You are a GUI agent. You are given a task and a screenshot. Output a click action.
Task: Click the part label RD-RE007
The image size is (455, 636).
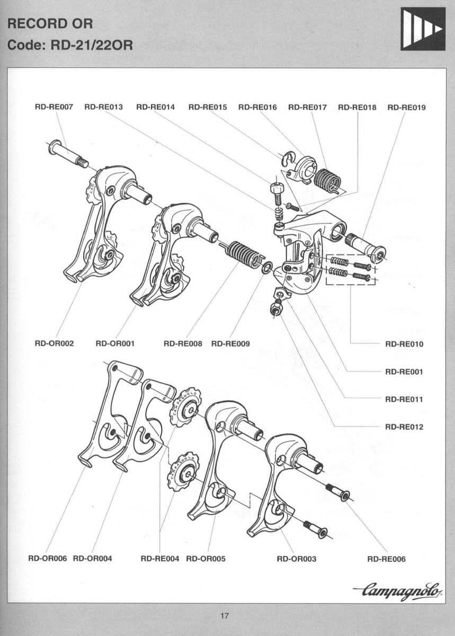53,107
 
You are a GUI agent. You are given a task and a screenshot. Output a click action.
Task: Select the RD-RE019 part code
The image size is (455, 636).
406,107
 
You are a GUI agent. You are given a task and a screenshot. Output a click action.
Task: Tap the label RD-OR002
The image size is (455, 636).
54,343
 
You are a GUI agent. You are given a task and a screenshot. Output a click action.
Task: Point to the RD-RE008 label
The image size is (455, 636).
183,343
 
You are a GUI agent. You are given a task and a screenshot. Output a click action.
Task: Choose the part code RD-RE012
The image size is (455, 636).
404,427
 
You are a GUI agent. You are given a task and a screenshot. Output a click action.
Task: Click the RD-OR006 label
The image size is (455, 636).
47,559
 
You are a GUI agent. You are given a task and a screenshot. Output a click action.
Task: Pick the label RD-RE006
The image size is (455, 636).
386,559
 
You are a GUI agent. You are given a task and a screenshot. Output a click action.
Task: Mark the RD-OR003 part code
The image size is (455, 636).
297,559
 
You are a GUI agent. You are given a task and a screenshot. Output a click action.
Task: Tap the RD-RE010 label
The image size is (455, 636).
404,344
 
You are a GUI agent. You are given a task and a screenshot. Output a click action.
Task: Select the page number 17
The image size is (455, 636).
224,616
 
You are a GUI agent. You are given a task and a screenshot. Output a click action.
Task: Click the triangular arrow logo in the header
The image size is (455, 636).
422,29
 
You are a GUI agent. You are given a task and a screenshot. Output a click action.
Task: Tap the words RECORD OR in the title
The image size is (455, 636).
51,23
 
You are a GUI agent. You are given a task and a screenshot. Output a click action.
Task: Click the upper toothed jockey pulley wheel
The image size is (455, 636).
185,405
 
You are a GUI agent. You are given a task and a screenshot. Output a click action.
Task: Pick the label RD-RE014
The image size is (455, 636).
155,107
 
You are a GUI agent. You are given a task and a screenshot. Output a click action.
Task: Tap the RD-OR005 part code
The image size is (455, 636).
206,559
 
